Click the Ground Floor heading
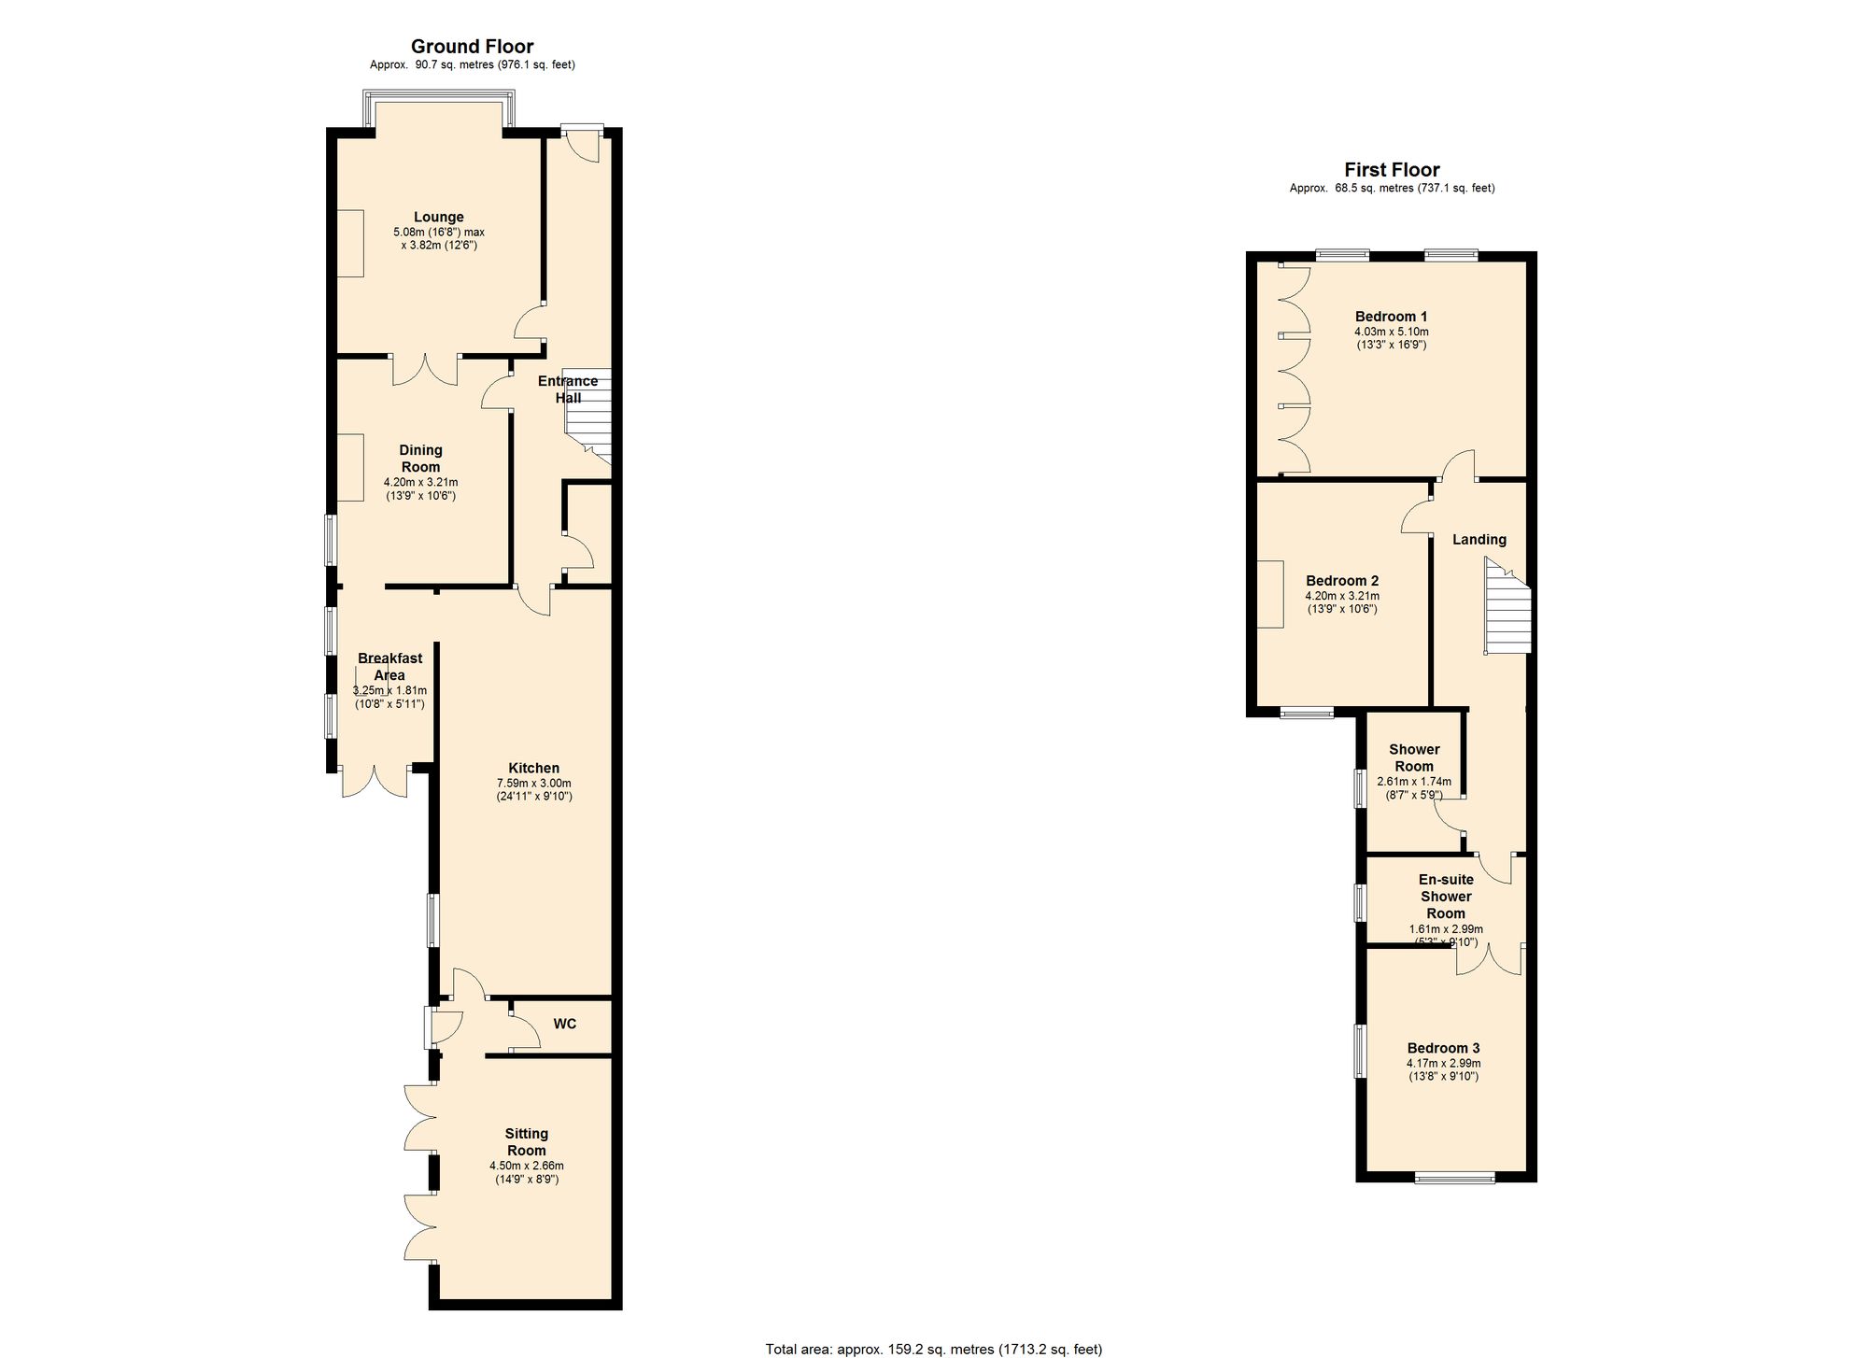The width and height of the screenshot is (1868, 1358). (472, 47)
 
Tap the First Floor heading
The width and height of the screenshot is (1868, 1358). (1392, 170)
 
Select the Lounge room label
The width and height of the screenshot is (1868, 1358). (439, 218)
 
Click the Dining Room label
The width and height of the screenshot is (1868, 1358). (420, 459)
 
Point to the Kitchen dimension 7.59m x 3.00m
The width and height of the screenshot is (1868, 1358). (534, 784)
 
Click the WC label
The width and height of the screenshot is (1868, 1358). (565, 1024)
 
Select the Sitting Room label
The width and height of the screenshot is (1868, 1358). (527, 1142)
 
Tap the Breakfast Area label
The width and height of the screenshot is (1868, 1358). (389, 667)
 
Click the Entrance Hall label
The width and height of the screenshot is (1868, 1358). (568, 389)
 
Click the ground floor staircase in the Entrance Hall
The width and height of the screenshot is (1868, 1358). (588, 416)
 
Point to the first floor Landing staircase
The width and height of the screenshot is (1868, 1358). (1508, 607)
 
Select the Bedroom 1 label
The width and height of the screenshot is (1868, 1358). (1392, 317)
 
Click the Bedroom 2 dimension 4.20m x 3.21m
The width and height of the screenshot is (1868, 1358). (1342, 596)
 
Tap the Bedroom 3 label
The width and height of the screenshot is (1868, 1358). (1443, 1049)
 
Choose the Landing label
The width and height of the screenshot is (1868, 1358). (1479, 540)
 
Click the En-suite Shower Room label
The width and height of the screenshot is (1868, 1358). (1446, 897)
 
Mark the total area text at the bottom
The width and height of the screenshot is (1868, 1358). (934, 1350)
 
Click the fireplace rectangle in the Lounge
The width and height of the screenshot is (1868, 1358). (350, 243)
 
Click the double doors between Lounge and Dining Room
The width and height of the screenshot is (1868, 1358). (425, 371)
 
